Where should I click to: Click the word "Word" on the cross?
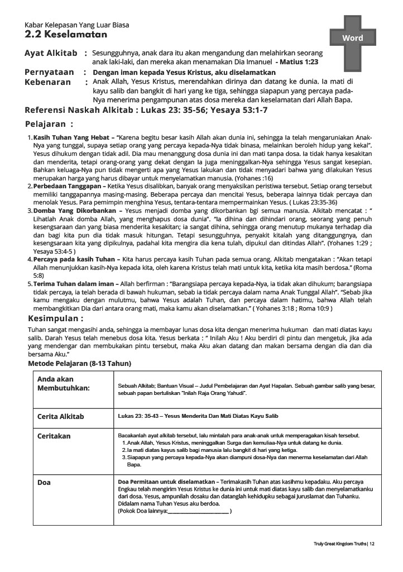point(352,38)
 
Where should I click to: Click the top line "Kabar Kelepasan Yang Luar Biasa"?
point(77,25)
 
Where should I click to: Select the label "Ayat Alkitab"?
point(51,53)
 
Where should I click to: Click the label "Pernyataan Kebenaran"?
point(49,77)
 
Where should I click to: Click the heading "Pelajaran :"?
point(49,124)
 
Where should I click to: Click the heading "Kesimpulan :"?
point(56,318)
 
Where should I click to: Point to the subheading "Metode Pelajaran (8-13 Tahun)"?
point(80,364)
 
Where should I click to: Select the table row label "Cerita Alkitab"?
point(61,417)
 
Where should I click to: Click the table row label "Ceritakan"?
point(54,436)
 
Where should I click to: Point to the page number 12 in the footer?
point(372,544)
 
